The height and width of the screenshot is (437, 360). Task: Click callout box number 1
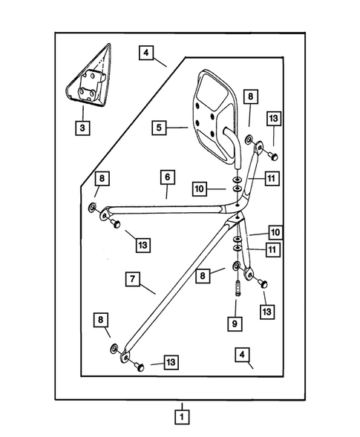[x=182, y=417]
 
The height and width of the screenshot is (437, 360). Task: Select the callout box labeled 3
[x=82, y=128]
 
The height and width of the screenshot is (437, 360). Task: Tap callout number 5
[x=159, y=128]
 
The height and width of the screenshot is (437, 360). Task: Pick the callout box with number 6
[x=167, y=177]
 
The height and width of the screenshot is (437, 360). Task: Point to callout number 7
[x=132, y=279]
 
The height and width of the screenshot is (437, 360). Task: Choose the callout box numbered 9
[x=235, y=323]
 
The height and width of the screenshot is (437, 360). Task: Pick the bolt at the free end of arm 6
[x=115, y=223]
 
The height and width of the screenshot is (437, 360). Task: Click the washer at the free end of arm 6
[x=92, y=207]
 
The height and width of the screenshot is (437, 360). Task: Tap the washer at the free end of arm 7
[x=114, y=349]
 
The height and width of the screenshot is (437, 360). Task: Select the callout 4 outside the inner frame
[x=146, y=53]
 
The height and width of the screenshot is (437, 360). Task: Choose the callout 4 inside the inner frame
[x=242, y=355]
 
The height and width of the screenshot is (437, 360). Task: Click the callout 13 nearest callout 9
[x=267, y=312]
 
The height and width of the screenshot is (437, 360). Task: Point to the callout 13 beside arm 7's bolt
[x=171, y=362]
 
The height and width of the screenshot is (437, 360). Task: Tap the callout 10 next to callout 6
[x=200, y=188]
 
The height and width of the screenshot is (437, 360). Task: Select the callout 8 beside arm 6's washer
[x=102, y=178]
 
